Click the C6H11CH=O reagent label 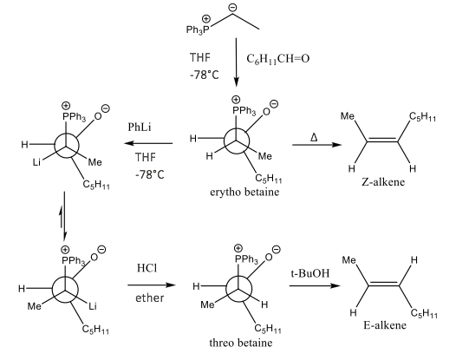(277, 59)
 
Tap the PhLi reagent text (140, 128)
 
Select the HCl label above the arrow (147, 268)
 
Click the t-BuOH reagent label (310, 273)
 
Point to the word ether (149, 298)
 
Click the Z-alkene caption (383, 182)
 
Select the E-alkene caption (384, 324)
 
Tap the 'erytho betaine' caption (244, 193)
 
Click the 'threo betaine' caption (241, 343)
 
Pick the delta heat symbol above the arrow (314, 137)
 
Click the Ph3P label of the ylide (198, 29)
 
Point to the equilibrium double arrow (63, 216)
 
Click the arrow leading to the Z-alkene (316, 145)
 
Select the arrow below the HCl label (151, 285)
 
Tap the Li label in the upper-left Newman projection (36, 162)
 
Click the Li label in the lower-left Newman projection (93, 306)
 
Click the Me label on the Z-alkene (348, 116)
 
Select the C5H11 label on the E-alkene (424, 313)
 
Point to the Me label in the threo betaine (207, 304)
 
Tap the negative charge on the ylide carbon (232, 8)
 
